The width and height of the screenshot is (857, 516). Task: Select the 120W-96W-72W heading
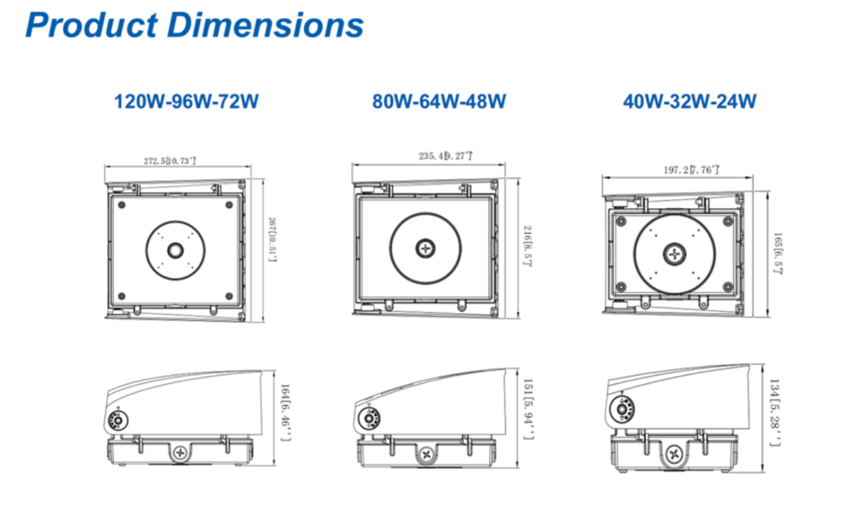[186, 101]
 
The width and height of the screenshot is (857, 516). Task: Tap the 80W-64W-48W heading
[439, 101]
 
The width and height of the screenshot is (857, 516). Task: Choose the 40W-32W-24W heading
[689, 101]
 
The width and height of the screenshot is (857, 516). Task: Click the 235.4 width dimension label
[445, 157]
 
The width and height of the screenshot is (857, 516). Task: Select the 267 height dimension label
[273, 239]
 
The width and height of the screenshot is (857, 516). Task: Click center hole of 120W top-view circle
[175, 250]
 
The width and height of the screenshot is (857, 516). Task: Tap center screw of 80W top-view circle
[425, 248]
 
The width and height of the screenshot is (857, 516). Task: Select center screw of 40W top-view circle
[674, 254]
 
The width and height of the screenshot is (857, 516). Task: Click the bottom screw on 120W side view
[180, 453]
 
